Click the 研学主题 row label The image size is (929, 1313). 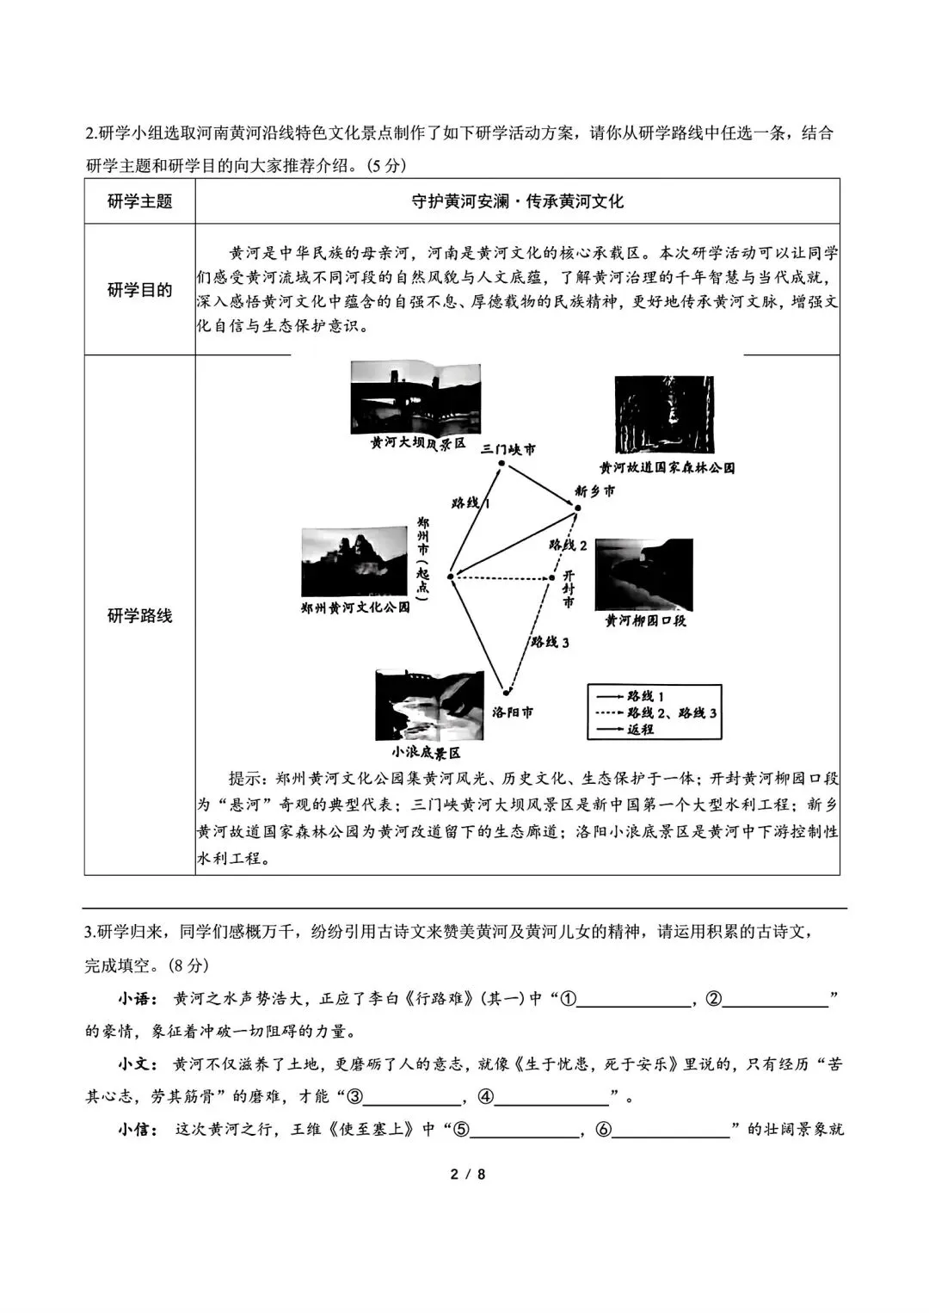coord(139,201)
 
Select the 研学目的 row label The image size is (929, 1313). coord(139,290)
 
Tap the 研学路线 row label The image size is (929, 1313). coord(139,616)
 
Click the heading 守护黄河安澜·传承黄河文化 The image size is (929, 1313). coord(517,201)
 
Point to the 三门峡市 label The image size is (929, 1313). coord(508,449)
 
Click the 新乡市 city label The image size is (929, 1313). coord(595,490)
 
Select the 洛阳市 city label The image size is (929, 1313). coord(513,712)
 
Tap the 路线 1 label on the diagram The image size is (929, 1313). coord(470,502)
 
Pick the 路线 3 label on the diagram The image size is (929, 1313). coord(550,642)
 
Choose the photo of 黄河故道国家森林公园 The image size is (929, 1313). coord(664,415)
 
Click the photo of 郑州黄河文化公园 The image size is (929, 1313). coord(354,561)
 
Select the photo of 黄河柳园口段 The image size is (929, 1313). coord(643,575)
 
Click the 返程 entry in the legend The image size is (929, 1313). coord(640,730)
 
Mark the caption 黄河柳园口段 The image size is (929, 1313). coord(645,621)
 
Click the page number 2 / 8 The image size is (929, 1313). coord(468,1174)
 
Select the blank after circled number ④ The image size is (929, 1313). coord(551,1097)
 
